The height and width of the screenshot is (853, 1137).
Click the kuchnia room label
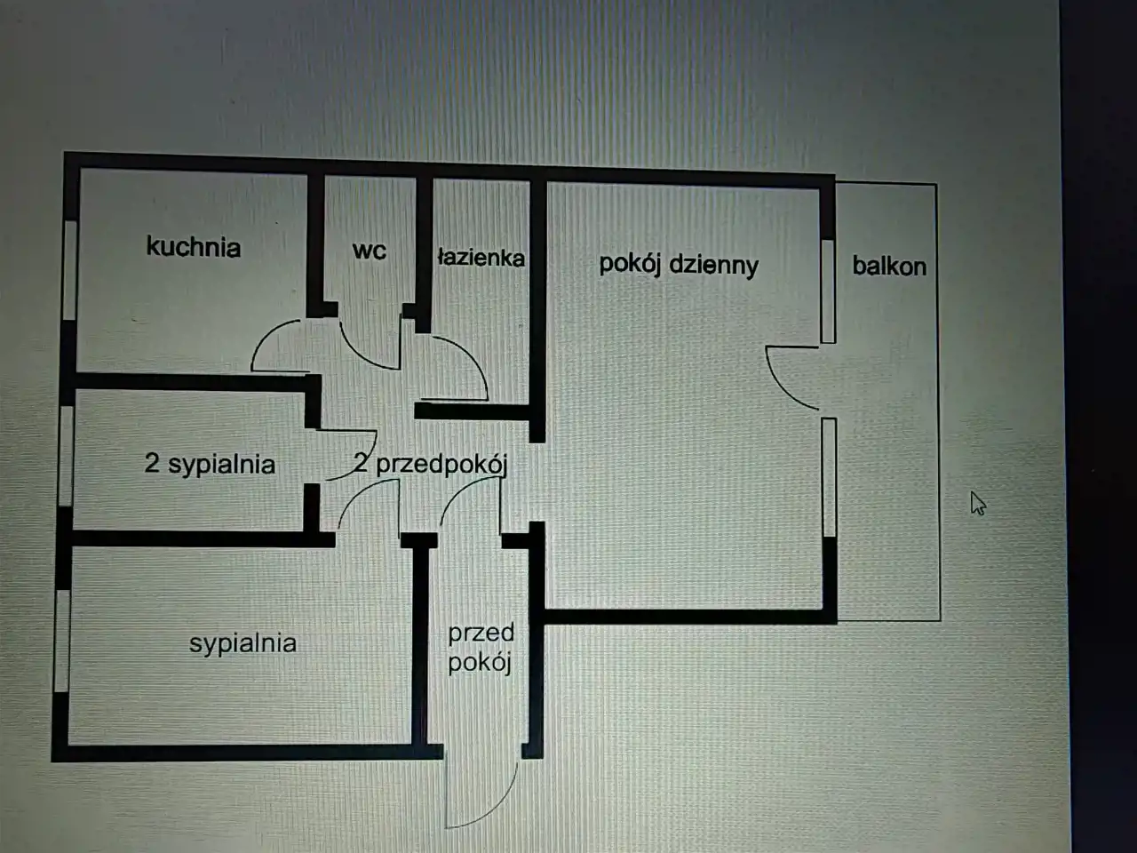click(x=193, y=246)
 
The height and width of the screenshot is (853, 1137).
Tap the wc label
click(x=369, y=251)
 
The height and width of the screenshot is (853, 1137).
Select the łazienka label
click(x=481, y=258)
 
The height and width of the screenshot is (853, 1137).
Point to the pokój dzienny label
click(x=679, y=265)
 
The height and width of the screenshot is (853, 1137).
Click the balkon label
click(x=888, y=266)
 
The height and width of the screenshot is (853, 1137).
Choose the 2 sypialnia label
click(x=210, y=463)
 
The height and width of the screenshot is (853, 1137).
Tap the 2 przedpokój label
click(x=430, y=463)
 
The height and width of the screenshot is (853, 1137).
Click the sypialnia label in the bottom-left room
click(x=243, y=642)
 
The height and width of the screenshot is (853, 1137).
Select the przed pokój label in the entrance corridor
click(x=481, y=647)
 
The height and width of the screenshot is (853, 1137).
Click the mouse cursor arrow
click(x=977, y=503)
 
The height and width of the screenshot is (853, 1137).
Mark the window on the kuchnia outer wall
click(x=69, y=269)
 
